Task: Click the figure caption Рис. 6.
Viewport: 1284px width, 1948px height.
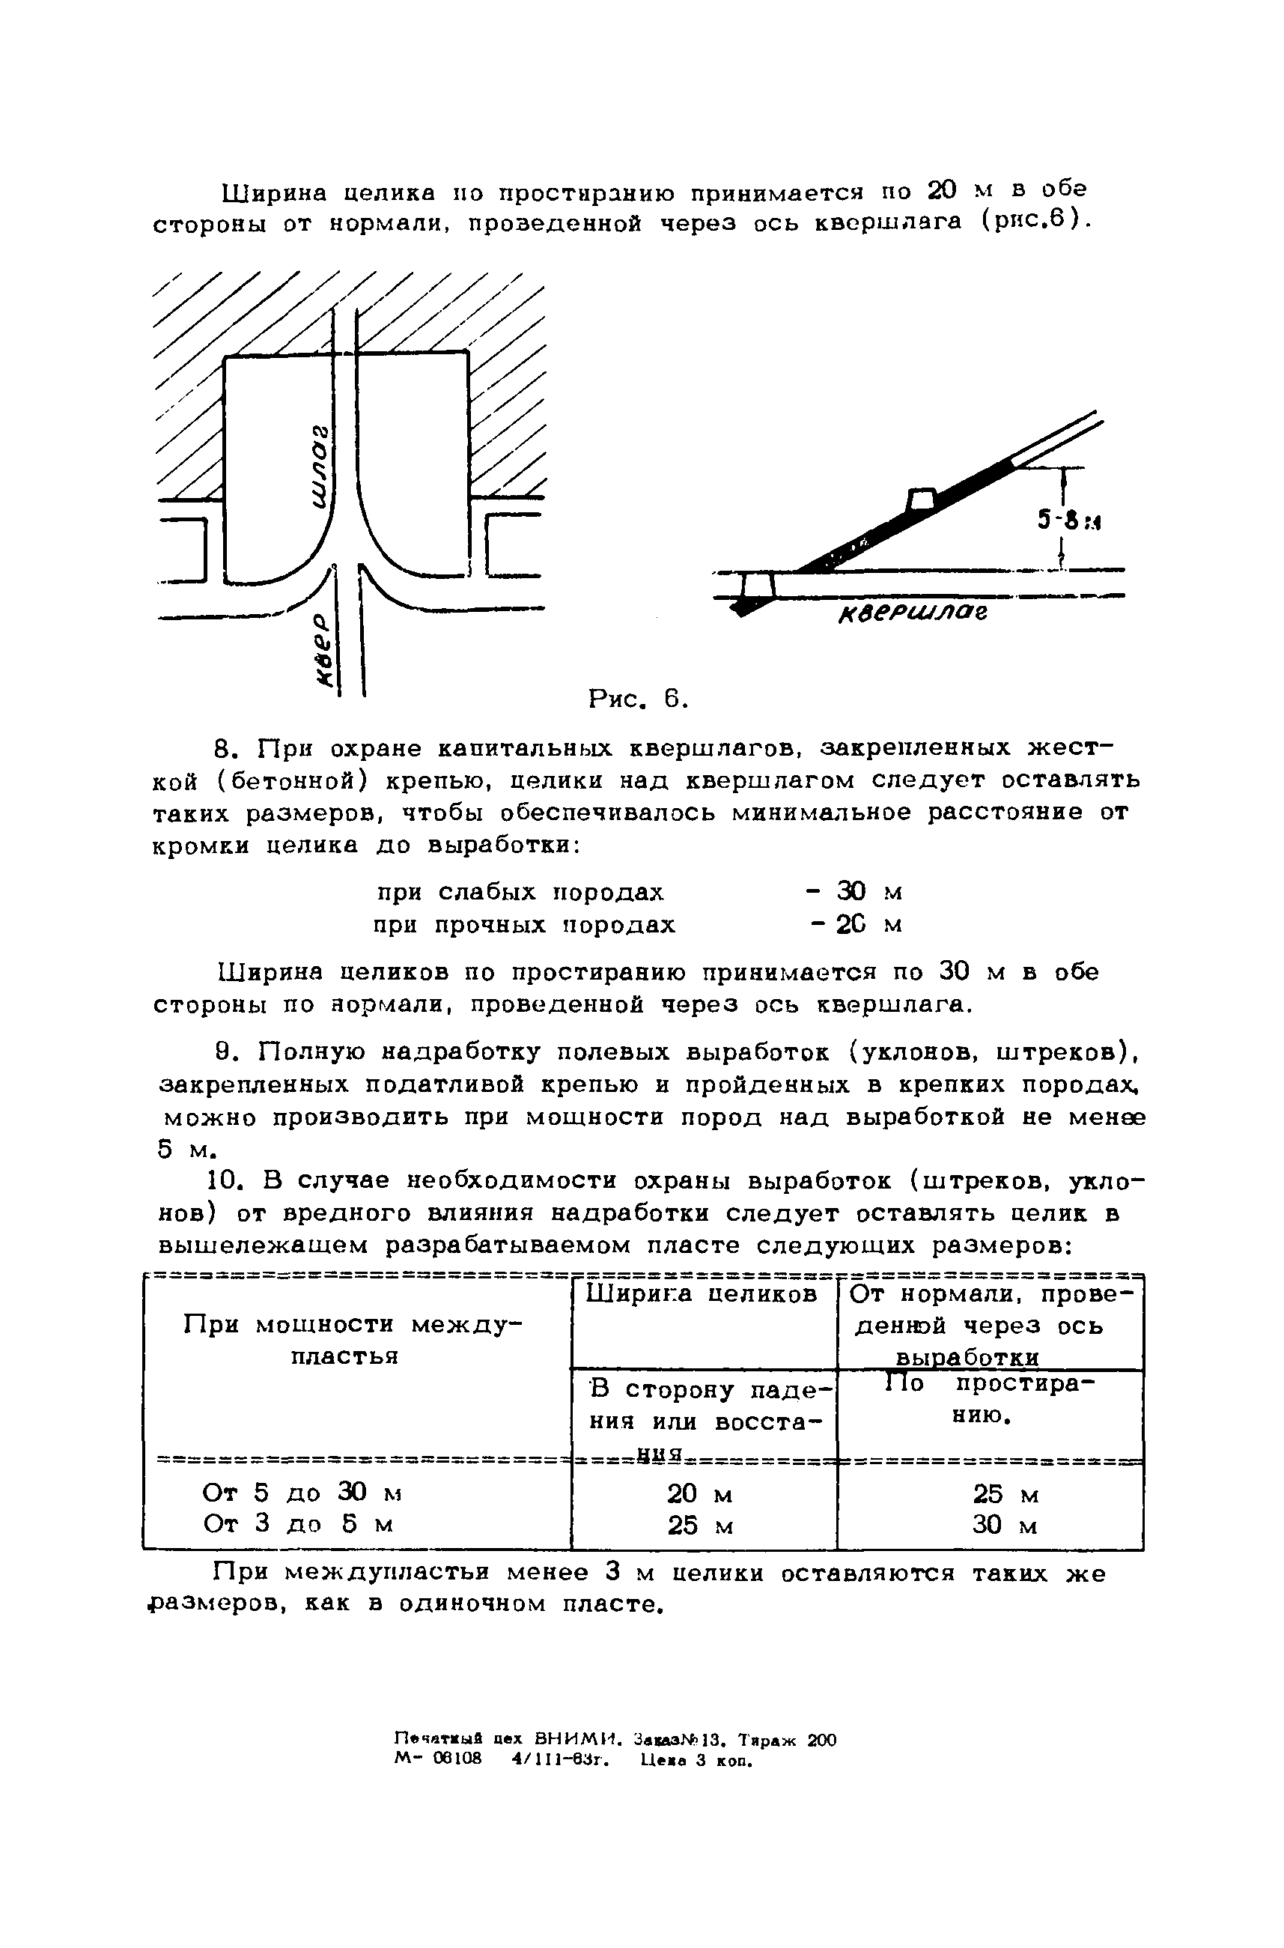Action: (x=638, y=699)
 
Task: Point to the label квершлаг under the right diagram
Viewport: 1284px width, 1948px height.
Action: (x=912, y=613)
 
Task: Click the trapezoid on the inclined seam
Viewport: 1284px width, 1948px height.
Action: (x=922, y=499)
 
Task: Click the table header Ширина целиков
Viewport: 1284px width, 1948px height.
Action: (x=702, y=1293)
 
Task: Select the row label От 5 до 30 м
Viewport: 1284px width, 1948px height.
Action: (x=301, y=1493)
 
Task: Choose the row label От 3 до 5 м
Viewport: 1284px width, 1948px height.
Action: (x=298, y=1523)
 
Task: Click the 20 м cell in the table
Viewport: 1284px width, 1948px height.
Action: (x=699, y=1494)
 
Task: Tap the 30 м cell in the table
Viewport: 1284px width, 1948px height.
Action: (x=1005, y=1526)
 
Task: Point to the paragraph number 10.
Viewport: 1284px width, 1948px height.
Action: (x=223, y=1180)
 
